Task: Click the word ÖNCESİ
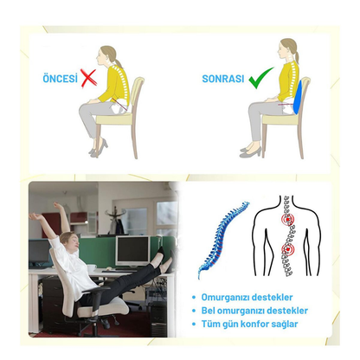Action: click(x=61, y=78)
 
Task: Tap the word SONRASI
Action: click(x=223, y=79)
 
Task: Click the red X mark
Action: click(x=88, y=78)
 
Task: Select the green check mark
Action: click(x=260, y=79)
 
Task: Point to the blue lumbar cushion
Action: click(x=298, y=97)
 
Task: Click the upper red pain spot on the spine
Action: click(x=287, y=220)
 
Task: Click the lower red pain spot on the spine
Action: click(x=287, y=249)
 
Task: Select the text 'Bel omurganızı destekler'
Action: click(x=254, y=311)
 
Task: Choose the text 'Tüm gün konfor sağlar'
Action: click(x=249, y=324)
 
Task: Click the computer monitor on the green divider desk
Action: click(x=132, y=250)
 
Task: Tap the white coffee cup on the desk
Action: click(x=92, y=268)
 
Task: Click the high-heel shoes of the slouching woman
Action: click(x=98, y=148)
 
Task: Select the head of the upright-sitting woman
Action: click(x=287, y=49)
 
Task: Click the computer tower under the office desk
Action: click(x=157, y=318)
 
